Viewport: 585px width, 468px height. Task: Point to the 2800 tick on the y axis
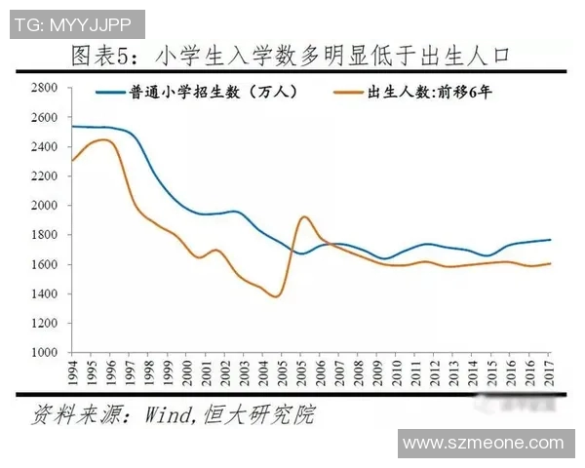[47, 88]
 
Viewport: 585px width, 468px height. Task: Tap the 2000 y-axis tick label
[47, 206]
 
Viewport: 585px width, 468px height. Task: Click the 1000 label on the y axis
[47, 353]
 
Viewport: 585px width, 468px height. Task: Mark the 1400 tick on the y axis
[47, 294]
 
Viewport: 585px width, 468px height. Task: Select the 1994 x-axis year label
[72, 373]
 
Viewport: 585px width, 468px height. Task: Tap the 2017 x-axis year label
[551, 373]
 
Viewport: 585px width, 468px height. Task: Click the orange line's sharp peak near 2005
[303, 216]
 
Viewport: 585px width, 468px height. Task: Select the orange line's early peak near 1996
[104, 140]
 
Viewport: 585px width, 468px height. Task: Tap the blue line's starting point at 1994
[72, 126]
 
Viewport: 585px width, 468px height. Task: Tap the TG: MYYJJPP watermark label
[74, 22]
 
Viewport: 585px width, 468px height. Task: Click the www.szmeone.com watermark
[484, 444]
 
